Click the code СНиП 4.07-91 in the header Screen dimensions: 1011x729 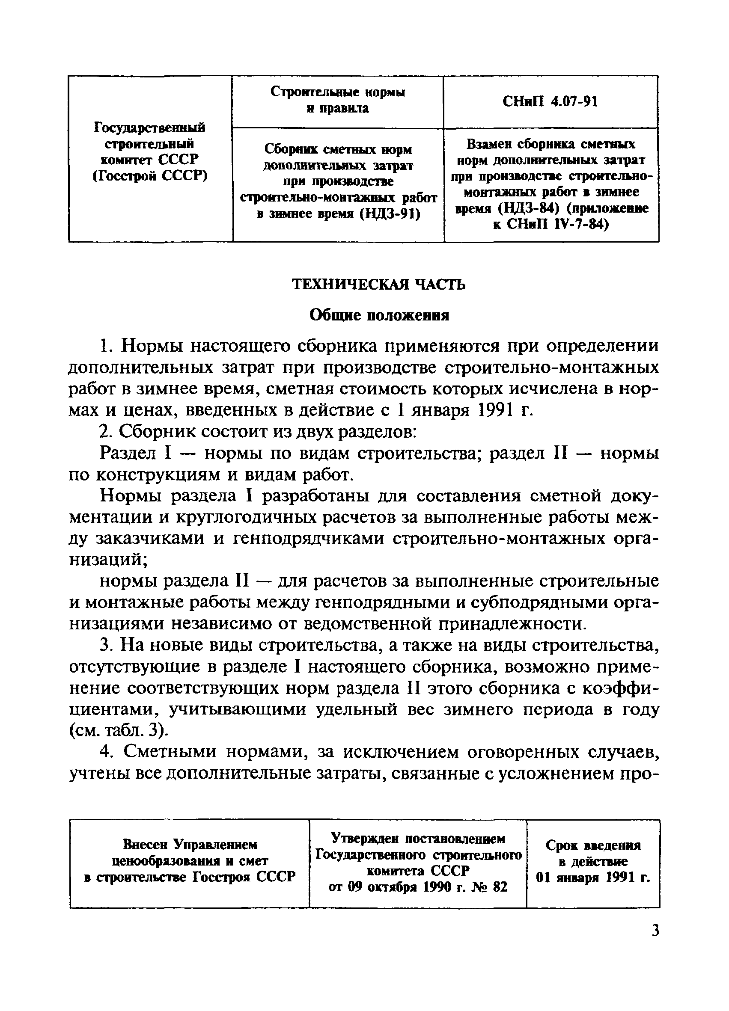pos(550,102)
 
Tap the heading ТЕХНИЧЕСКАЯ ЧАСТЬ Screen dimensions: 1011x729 pos(378,284)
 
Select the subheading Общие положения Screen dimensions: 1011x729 pos(379,316)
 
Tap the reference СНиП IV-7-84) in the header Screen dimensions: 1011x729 pos(551,224)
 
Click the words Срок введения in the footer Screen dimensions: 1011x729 pos(593,845)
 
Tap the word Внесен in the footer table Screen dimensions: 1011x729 pos(144,844)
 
